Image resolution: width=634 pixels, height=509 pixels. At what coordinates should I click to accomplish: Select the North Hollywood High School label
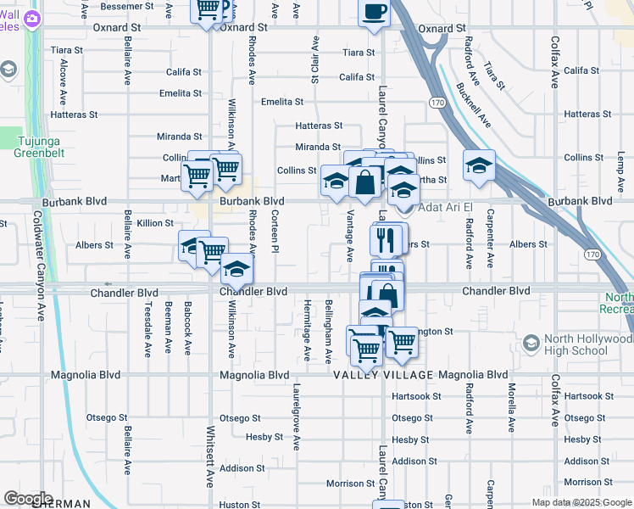(x=588, y=344)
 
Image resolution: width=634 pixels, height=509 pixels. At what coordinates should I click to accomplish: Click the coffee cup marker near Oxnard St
(x=374, y=12)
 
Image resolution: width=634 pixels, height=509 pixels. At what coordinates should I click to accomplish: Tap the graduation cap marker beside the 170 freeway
(x=479, y=165)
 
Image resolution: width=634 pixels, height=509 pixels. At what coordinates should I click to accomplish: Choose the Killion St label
(x=155, y=223)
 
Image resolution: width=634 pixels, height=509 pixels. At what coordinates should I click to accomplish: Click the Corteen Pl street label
(x=275, y=232)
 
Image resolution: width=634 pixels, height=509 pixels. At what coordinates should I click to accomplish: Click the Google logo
(x=28, y=499)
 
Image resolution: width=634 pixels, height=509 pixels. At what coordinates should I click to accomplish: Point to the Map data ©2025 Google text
(x=581, y=502)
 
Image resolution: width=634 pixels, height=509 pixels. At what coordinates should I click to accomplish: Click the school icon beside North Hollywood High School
(x=531, y=344)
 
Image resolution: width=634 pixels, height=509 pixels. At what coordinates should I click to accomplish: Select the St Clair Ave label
(x=315, y=59)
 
